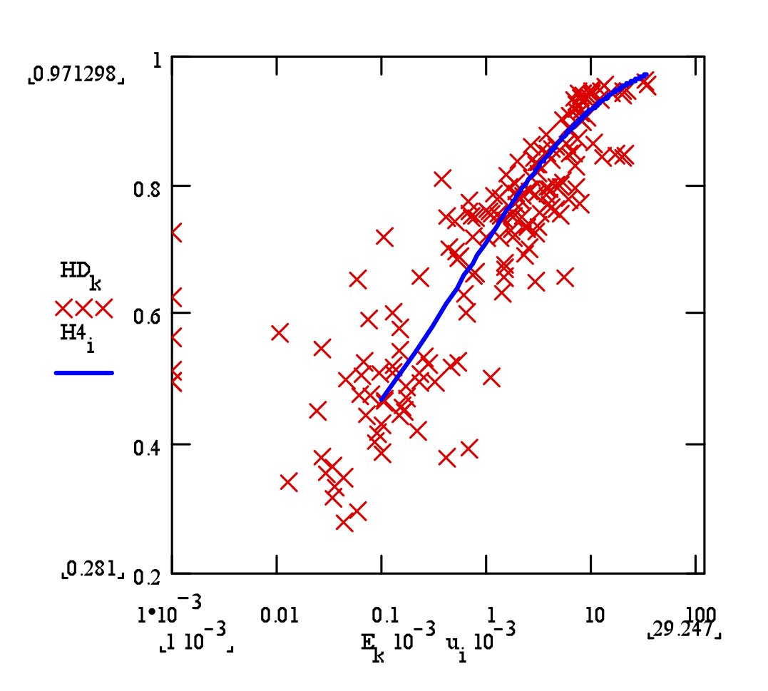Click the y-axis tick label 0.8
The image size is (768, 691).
[147, 192]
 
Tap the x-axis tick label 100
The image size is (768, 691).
[699, 614]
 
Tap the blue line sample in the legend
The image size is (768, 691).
[84, 372]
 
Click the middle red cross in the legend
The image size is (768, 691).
[84, 308]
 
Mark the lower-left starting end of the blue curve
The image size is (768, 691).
[382, 401]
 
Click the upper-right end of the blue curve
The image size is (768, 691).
[645, 74]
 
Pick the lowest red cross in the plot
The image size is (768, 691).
[345, 523]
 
